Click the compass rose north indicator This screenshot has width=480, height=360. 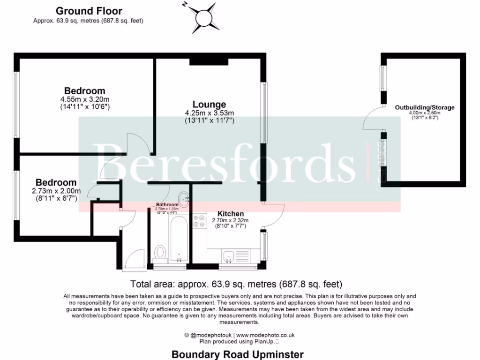[205, 17]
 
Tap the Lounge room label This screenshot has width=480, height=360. [209, 105]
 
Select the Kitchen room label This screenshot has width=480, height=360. [231, 214]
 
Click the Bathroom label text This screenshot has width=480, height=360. [167, 205]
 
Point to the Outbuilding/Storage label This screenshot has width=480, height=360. [425, 107]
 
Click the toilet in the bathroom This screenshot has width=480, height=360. [160, 252]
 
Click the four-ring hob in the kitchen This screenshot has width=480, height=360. [199, 221]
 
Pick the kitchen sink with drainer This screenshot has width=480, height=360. [236, 256]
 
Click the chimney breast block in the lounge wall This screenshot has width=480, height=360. [209, 61]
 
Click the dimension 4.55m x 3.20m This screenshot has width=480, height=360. [85, 99]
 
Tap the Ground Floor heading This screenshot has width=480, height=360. [89, 11]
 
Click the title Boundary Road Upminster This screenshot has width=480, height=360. [238, 354]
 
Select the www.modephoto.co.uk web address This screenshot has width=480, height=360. [265, 335]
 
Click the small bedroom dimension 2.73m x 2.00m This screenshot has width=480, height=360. [56, 191]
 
